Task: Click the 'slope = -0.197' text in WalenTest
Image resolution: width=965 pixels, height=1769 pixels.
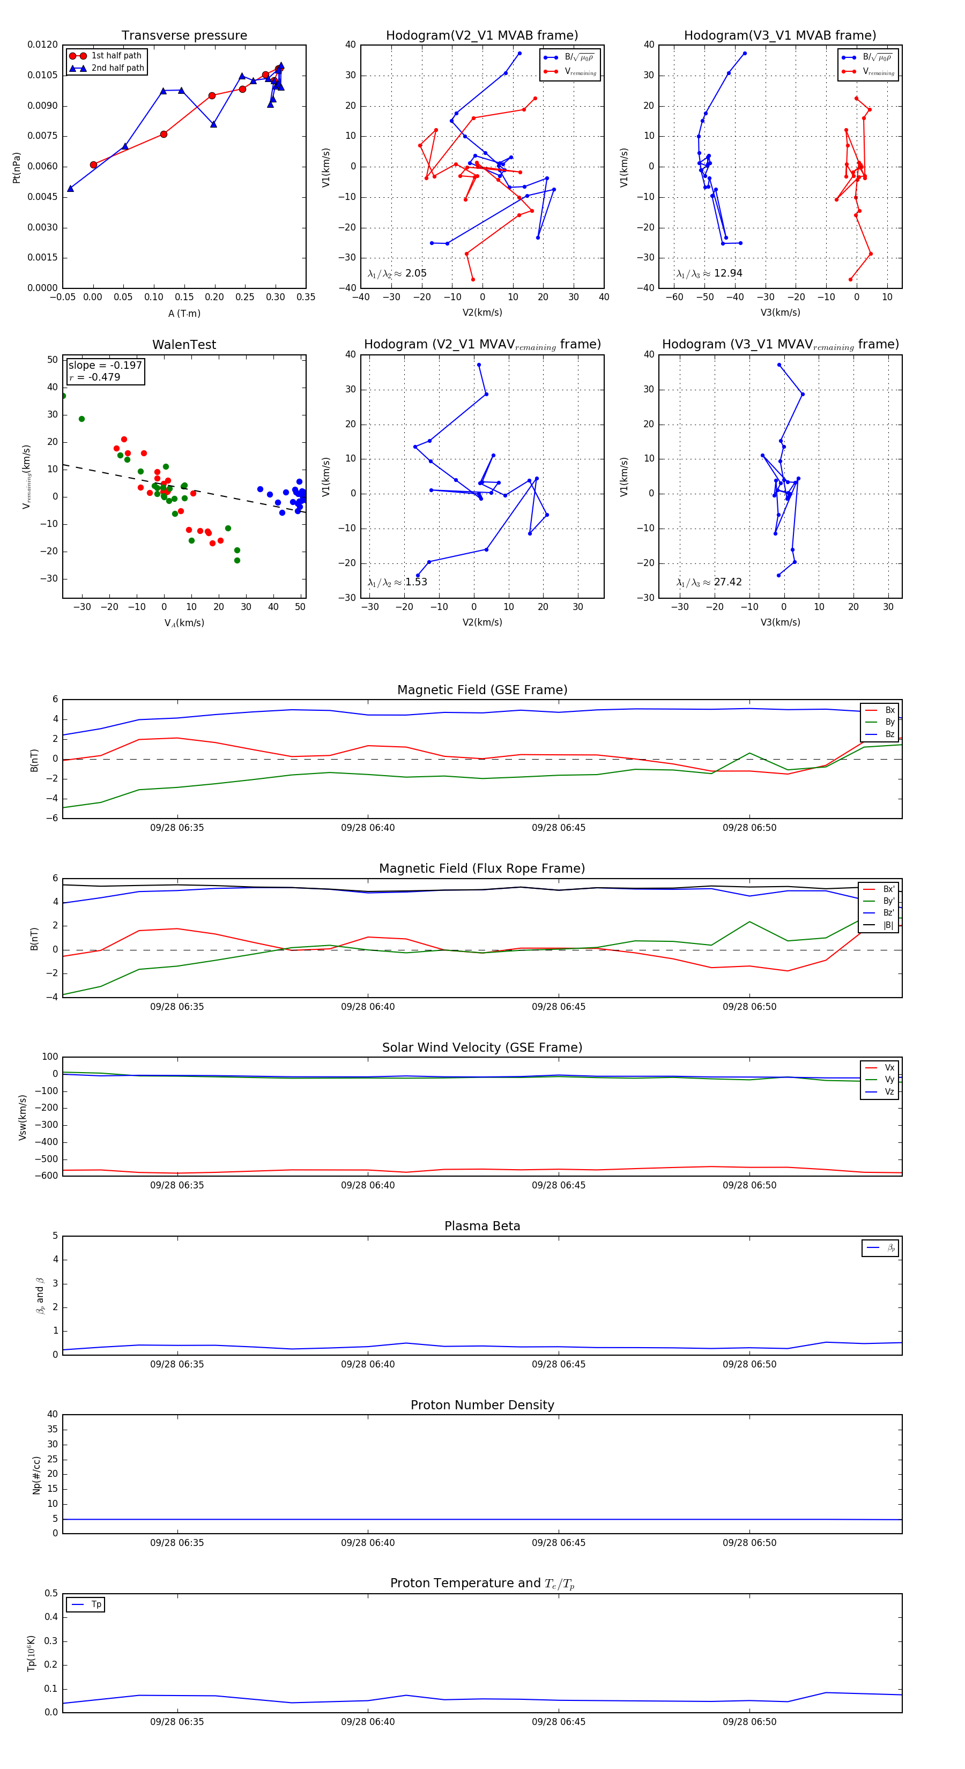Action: point(105,366)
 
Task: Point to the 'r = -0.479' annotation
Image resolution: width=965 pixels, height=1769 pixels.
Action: point(95,377)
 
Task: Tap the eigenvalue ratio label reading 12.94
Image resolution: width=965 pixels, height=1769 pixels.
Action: point(709,273)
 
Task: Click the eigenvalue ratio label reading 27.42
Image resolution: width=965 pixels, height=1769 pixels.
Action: point(709,582)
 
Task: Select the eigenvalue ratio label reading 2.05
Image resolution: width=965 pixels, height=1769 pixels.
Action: point(397,273)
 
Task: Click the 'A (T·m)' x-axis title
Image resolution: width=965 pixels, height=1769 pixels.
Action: point(184,313)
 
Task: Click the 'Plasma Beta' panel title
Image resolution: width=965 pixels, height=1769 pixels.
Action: point(482,1226)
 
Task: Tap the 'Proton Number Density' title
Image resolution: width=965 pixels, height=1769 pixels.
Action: point(482,1405)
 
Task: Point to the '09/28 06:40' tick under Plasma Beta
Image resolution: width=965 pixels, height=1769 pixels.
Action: point(368,1364)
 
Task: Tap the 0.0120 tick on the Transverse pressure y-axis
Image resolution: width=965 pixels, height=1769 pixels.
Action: point(42,44)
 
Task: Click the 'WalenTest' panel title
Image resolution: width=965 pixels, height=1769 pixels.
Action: point(184,345)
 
